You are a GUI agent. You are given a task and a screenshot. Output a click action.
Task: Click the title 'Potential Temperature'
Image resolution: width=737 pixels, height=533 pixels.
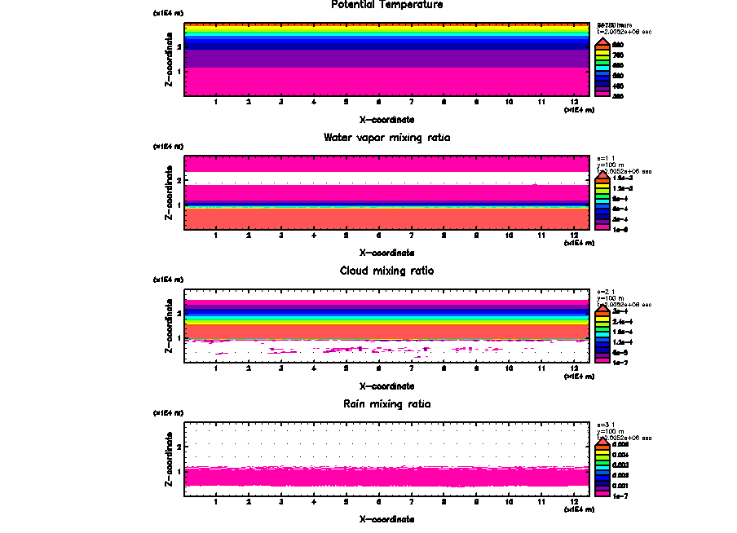pyautogui.click(x=387, y=5)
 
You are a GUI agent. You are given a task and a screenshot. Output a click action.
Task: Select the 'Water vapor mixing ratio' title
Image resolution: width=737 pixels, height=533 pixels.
pyautogui.click(x=386, y=138)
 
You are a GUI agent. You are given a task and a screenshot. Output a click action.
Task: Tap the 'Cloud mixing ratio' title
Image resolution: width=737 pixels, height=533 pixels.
pyautogui.click(x=386, y=271)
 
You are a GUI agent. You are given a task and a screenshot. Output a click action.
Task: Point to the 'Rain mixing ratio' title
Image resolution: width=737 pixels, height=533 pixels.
pyautogui.click(x=386, y=404)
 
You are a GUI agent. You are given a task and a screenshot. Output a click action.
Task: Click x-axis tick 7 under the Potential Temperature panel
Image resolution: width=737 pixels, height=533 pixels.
pyautogui.click(x=412, y=103)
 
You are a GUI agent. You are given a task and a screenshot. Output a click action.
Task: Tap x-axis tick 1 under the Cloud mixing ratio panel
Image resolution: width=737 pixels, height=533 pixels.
pyautogui.click(x=216, y=369)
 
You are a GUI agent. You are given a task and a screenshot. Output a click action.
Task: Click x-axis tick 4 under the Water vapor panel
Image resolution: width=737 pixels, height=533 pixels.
pyautogui.click(x=314, y=236)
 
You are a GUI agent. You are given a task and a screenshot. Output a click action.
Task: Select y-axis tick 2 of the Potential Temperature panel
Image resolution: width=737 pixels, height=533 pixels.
pyautogui.click(x=179, y=47)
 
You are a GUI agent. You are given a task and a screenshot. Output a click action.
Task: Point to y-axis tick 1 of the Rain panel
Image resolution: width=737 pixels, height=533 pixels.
pyautogui.click(x=179, y=471)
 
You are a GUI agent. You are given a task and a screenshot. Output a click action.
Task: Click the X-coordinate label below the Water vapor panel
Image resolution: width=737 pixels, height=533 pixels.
pyautogui.click(x=386, y=253)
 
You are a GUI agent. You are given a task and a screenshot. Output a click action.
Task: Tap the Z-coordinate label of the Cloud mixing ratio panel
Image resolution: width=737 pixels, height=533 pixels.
pyautogui.click(x=169, y=326)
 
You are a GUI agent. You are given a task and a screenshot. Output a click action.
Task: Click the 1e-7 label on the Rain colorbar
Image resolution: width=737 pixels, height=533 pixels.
pyautogui.click(x=620, y=496)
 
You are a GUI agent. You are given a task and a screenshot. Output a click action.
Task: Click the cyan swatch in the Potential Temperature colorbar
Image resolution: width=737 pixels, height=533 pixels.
pyautogui.click(x=602, y=65)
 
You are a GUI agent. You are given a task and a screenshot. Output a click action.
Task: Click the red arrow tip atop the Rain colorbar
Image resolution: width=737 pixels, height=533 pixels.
pyautogui.click(x=602, y=443)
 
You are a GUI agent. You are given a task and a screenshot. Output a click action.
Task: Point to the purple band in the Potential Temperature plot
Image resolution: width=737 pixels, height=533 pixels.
pyautogui.click(x=386, y=59)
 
